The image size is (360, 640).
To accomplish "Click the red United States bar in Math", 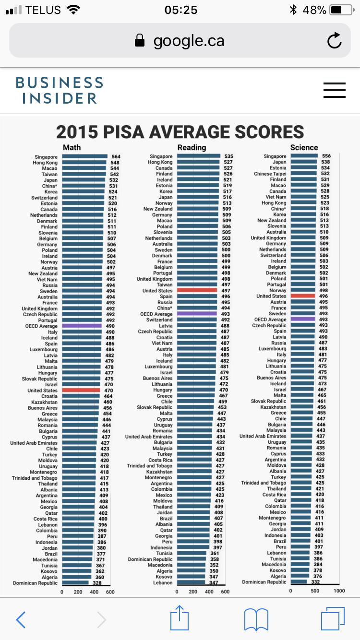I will [81, 391].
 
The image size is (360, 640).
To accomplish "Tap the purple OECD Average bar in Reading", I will [197, 314].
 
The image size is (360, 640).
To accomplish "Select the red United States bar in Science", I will [303, 296].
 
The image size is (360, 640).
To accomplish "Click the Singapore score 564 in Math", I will [116, 156].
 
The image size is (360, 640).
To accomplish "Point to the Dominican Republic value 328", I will [97, 583].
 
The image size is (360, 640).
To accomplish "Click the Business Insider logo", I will [59, 90].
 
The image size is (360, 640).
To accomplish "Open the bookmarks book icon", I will [256, 619].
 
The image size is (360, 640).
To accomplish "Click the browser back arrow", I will [21, 619].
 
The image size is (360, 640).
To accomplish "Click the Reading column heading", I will [192, 147].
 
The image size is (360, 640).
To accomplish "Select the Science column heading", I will [304, 147].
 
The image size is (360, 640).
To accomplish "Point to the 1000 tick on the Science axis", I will [339, 591].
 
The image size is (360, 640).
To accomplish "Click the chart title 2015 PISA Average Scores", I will [180, 132].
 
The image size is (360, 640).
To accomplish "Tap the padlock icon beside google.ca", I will [140, 41].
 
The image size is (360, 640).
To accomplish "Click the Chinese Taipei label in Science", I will [270, 174].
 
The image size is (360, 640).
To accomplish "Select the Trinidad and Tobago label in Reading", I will [149, 466].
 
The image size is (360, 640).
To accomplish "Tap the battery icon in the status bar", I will [341, 10].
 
